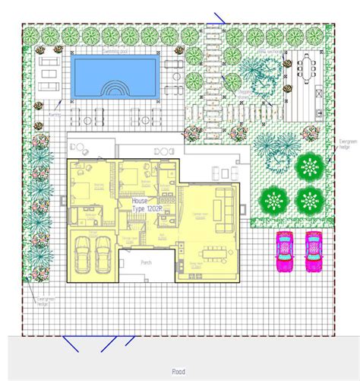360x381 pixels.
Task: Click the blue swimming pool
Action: coord(114,75)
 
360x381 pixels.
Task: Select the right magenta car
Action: coord(313,252)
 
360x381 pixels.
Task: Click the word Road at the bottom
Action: coord(178,372)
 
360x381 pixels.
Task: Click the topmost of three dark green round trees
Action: coord(310,167)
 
